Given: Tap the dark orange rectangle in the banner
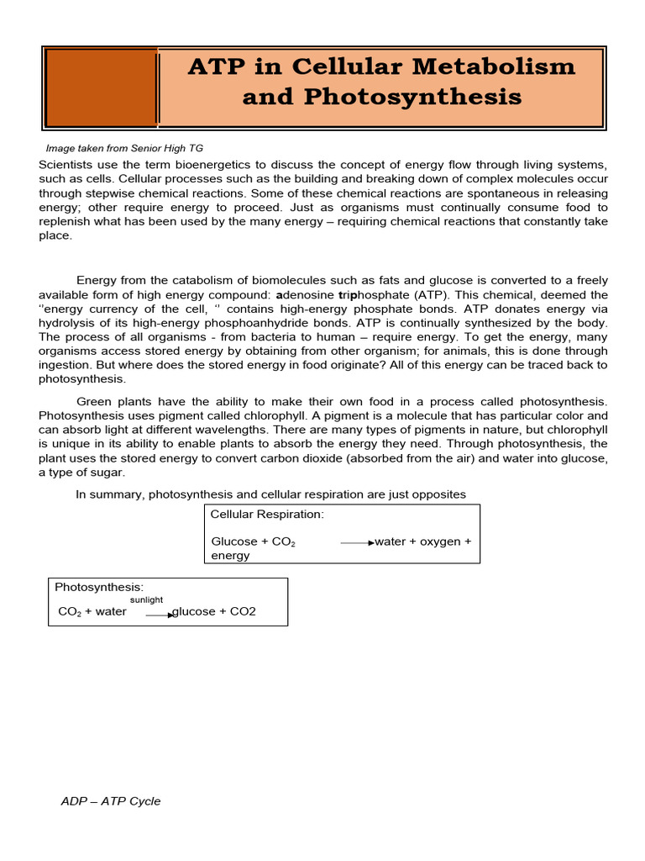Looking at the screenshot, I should pos(101,87).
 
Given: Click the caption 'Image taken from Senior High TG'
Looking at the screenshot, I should pos(124,148).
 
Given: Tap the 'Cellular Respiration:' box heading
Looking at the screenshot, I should pos(267,514).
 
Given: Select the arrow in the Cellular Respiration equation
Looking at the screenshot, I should pos(357,543).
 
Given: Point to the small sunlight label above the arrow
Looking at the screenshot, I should pos(146,600).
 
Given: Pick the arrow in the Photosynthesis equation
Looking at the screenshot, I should pos(160,615).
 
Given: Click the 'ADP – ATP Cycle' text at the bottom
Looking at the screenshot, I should pos(111,801).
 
